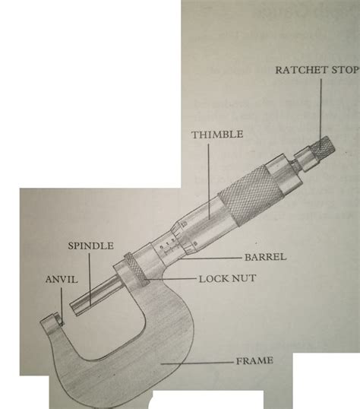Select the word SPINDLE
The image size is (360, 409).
tap(90, 246)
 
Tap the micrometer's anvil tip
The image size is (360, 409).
tap(50, 322)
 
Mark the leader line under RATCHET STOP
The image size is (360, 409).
tap(317, 106)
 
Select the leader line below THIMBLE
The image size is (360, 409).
tap(201, 175)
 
